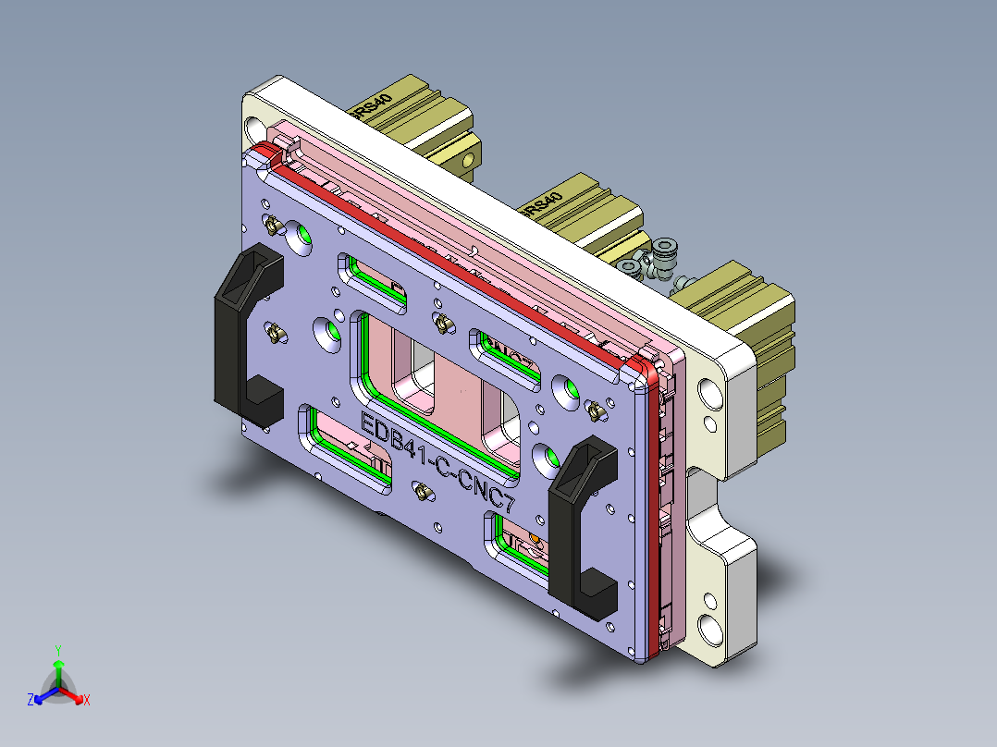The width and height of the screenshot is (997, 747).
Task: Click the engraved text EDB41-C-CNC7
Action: coord(435,466)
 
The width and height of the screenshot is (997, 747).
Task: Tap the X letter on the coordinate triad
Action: coord(87,701)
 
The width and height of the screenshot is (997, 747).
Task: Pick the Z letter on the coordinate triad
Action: coord(31,701)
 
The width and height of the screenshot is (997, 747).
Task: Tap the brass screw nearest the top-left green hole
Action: coord(272,225)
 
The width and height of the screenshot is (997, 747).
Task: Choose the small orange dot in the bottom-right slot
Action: coord(535,537)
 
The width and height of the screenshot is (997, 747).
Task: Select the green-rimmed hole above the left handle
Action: coord(300,236)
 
